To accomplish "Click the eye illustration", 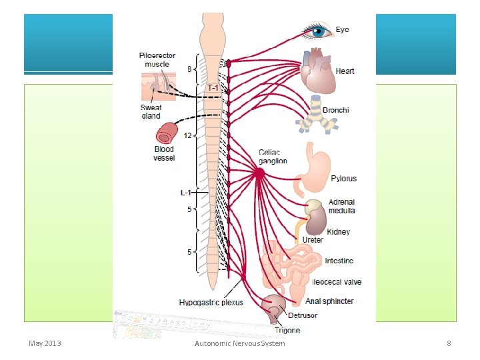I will coord(317,30).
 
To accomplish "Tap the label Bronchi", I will coord(335,110).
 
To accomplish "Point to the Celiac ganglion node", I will coord(259,173).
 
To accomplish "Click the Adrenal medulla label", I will coord(341,206).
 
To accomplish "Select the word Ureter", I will coord(312,239).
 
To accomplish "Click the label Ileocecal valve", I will coord(337,282).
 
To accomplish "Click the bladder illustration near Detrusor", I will coord(274,307).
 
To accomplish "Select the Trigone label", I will coord(287,330).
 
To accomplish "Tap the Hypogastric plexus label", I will coord(211,303).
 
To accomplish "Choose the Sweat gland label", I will coord(151,111).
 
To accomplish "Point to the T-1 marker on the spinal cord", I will coord(213,87).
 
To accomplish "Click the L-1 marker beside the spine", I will coord(186,193).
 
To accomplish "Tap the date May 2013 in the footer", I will coord(45,343).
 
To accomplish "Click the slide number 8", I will coord(449,343).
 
